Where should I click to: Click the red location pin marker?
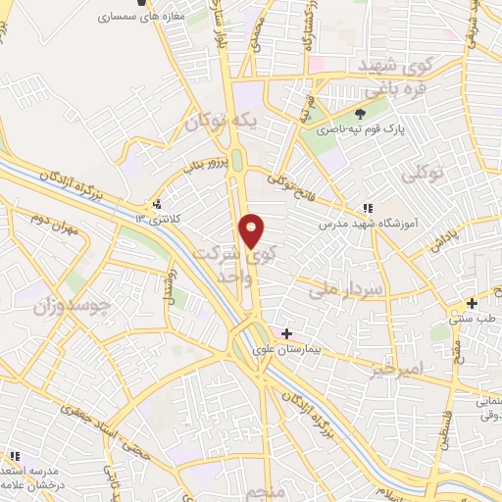(252, 230)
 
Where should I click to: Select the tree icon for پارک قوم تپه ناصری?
(360, 115)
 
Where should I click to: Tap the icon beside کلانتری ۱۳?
(157, 205)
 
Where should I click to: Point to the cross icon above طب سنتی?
(473, 303)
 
